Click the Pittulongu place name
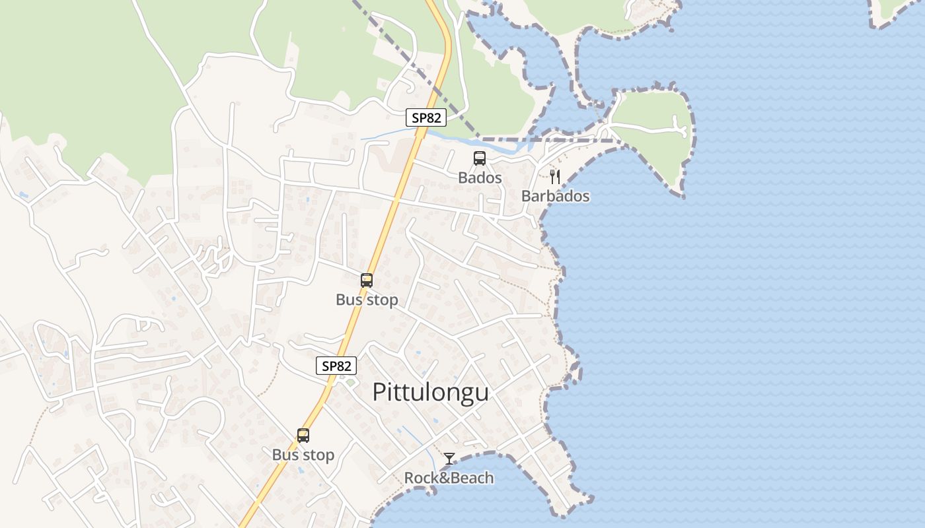pos(431,392)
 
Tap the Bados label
pos(480,178)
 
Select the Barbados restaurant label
pos(555,196)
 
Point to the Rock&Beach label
pos(449,478)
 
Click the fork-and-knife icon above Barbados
pos(555,176)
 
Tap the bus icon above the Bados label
pos(480,158)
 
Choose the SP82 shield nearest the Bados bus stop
pos(426,118)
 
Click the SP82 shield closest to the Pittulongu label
pos(336,366)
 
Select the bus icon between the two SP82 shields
pos(367,280)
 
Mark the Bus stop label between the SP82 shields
pos(367,300)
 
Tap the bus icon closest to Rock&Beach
pos(303,436)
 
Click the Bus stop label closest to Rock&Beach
pos(303,455)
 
